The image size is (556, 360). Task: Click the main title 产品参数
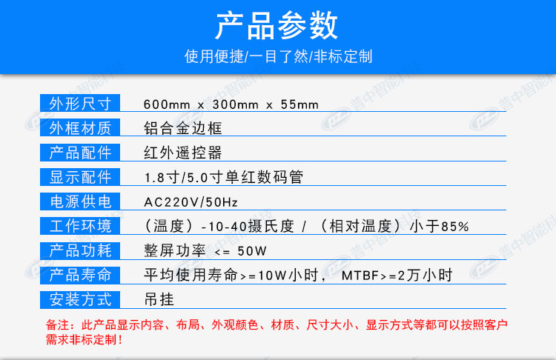277,24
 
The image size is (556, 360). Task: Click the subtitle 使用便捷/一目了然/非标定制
278,56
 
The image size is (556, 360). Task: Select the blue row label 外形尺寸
80,103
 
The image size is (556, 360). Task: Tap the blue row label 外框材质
80,127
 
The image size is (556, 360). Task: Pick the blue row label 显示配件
80,177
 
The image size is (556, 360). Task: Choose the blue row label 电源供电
80,201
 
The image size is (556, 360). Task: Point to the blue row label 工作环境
80,226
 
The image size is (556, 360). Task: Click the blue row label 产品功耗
80,250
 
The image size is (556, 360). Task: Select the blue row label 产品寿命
80,275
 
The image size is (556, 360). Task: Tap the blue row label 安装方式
80,299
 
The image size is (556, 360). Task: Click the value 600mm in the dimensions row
167,104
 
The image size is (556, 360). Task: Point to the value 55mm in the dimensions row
299,104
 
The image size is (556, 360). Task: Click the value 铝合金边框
183,128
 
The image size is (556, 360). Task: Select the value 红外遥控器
183,153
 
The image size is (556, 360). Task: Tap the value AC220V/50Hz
191,202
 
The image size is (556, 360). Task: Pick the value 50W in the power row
252,251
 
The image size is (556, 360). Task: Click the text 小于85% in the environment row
440,226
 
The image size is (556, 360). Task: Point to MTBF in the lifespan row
360,276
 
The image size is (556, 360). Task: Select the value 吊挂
159,300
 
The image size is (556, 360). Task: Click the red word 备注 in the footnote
57,324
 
